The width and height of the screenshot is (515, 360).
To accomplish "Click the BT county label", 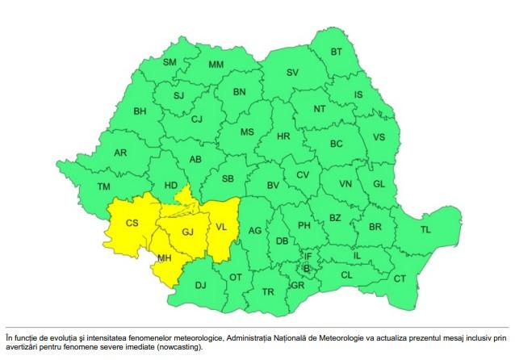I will (x=337, y=52).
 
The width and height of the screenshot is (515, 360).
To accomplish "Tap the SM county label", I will (x=170, y=62).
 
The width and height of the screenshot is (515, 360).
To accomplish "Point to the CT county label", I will (x=399, y=278).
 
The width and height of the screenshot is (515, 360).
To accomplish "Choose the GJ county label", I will (x=187, y=232).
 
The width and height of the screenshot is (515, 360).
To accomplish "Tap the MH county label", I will (x=165, y=258).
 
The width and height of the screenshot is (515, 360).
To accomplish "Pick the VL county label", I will (x=222, y=228).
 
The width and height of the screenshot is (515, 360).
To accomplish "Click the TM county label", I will (x=103, y=186).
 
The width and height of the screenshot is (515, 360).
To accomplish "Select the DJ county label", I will (x=201, y=284).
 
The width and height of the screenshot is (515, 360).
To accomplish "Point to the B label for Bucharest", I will (x=306, y=268).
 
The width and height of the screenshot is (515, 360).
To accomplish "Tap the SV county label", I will (x=292, y=73).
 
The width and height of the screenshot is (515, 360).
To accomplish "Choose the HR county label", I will (x=283, y=136).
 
